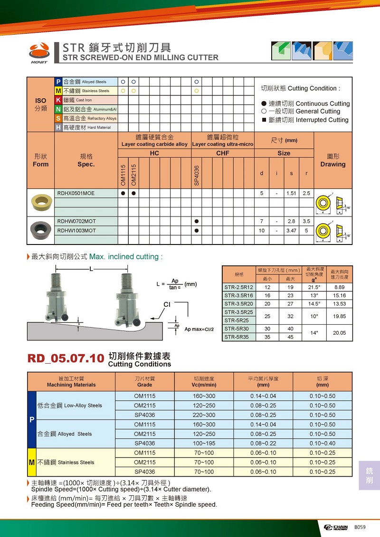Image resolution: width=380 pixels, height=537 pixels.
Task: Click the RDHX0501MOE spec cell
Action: (x=76, y=194)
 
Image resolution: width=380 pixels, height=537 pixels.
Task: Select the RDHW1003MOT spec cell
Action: (x=76, y=230)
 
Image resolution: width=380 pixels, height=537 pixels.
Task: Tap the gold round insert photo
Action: (x=41, y=203)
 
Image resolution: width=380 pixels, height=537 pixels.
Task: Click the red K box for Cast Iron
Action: (x=58, y=100)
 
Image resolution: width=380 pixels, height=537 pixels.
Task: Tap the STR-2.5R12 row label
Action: (x=239, y=287)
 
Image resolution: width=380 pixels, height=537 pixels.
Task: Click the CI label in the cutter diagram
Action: (x=167, y=304)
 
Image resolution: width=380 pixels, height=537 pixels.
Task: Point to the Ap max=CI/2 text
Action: (x=200, y=329)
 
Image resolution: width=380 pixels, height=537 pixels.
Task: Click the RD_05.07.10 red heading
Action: (x=66, y=358)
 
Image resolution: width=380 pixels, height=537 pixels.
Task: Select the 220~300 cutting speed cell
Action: (x=204, y=415)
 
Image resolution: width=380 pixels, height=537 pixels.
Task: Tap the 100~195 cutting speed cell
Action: (x=204, y=443)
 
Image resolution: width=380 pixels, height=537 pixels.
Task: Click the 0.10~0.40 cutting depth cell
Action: (x=322, y=443)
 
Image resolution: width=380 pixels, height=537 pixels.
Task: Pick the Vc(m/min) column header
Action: (x=204, y=385)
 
